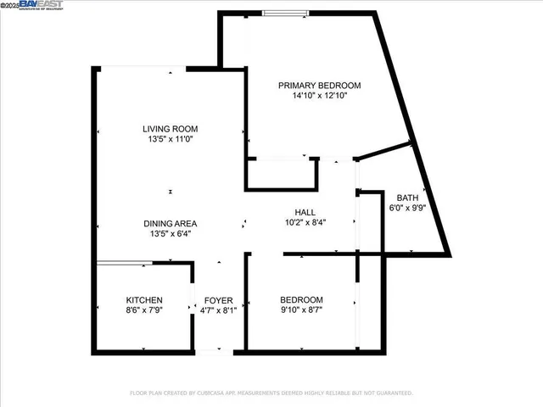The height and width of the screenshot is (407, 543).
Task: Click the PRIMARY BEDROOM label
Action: click(321, 85)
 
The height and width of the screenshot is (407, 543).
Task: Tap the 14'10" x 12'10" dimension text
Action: click(321, 96)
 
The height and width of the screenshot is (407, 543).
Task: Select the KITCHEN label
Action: click(144, 300)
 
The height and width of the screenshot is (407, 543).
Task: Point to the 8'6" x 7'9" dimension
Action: click(144, 311)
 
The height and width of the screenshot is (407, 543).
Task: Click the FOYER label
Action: click(220, 300)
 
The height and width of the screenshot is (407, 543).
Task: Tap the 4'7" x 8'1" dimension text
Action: click(220, 311)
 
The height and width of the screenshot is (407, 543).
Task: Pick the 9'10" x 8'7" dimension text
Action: click(302, 311)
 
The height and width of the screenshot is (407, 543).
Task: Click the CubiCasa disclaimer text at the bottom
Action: click(271, 393)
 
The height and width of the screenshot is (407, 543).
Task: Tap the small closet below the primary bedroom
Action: click(282, 173)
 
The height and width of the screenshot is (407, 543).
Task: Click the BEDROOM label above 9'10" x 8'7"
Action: click(302, 300)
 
